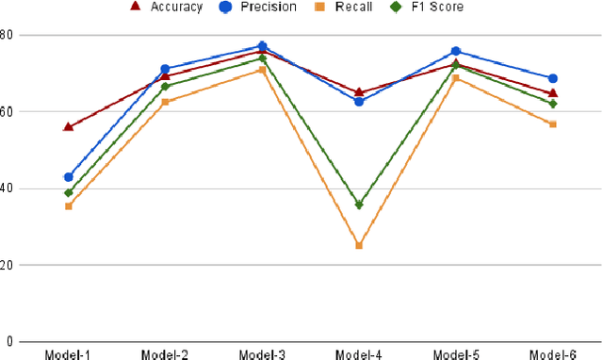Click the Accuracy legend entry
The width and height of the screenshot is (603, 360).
[x=165, y=7]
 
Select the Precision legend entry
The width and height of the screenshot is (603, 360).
[x=255, y=7]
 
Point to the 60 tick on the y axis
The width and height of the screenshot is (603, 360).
[x=7, y=111]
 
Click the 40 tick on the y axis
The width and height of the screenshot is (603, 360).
[x=7, y=188]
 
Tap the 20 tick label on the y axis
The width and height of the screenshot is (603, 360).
[x=7, y=265]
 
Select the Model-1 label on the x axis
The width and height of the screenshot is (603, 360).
[x=69, y=354]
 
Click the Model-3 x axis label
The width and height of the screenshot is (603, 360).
[x=263, y=354]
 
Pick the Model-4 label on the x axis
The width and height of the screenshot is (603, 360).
[x=359, y=354]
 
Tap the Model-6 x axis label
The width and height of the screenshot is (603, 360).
[x=553, y=354]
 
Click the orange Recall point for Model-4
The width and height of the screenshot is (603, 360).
[x=359, y=246]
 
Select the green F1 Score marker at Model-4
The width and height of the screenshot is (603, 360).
[x=359, y=205]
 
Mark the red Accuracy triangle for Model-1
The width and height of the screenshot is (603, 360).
[x=68, y=126]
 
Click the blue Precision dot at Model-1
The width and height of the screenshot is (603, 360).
[x=68, y=177]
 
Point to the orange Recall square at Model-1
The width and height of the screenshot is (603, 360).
[x=68, y=206]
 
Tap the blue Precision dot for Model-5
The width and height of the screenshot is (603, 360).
[x=456, y=51]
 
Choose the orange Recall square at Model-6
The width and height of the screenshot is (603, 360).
[x=553, y=124]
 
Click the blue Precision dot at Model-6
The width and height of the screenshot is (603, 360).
[x=553, y=78]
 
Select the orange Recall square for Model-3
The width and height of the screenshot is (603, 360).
[x=262, y=70]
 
